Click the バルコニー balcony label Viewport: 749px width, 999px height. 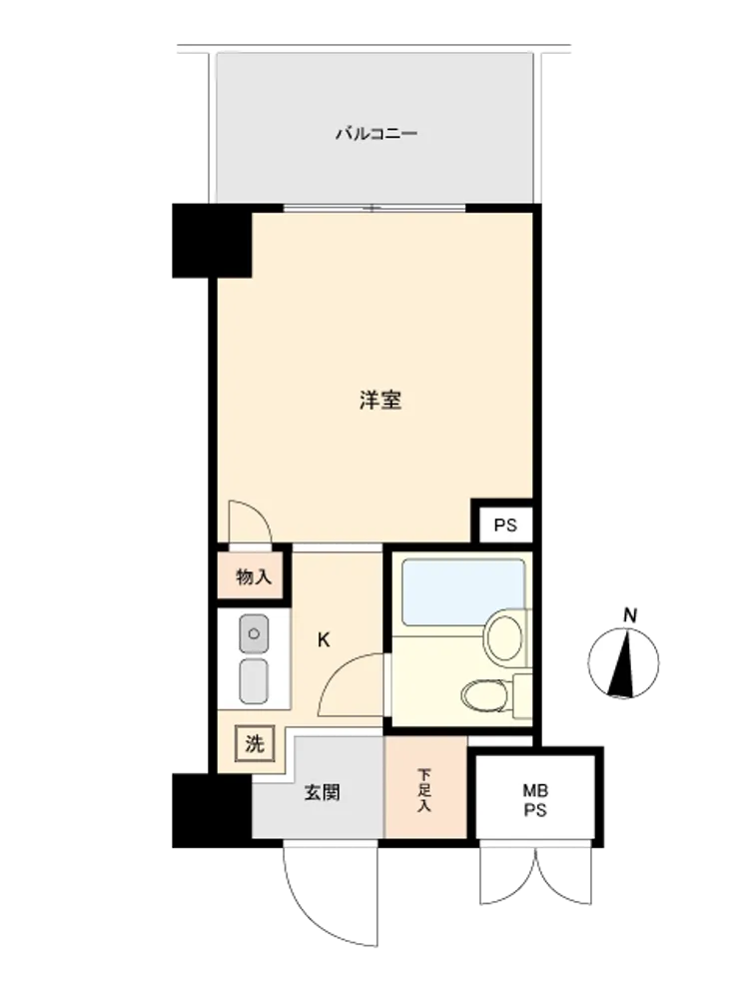[376, 134]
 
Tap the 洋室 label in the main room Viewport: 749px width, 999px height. [380, 401]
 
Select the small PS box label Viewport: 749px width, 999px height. [505, 525]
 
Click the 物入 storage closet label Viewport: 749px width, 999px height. [254, 577]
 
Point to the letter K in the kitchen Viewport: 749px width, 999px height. [324, 639]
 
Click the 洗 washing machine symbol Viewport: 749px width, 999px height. [254, 743]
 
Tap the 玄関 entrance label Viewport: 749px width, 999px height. [322, 792]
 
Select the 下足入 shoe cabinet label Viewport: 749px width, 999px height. [424, 790]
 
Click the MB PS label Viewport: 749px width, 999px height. [535, 801]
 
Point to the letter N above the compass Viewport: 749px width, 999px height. [630, 615]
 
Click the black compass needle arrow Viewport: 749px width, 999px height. [623, 663]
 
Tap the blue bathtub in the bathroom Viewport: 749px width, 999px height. [463, 591]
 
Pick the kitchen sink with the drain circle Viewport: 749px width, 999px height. [254, 634]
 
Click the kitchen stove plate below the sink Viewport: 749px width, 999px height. [254, 681]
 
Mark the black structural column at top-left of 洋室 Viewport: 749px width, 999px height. [212, 240]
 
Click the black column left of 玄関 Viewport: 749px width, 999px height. [212, 810]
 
